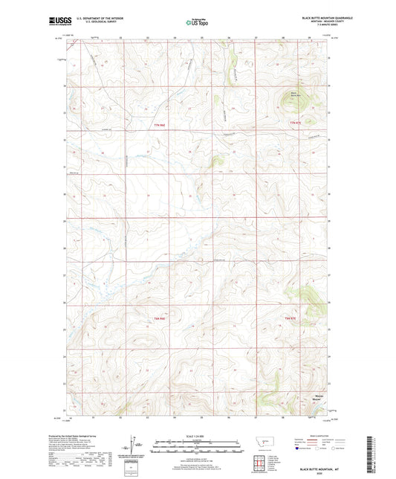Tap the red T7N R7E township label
(x=297, y=122)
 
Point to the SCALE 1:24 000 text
(x=196, y=435)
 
